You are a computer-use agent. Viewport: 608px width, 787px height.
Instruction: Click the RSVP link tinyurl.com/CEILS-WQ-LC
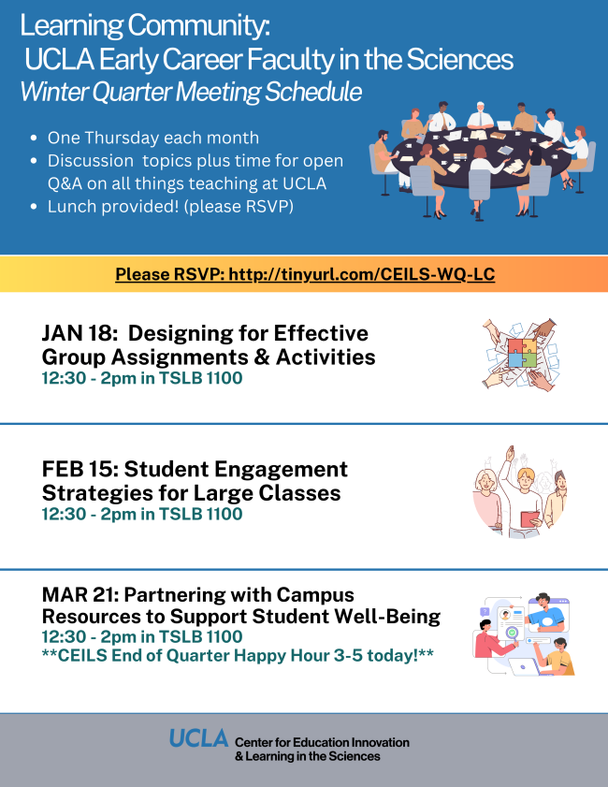click(362, 274)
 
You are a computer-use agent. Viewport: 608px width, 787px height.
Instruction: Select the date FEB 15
click(80, 469)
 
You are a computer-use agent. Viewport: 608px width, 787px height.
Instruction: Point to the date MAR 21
click(80, 595)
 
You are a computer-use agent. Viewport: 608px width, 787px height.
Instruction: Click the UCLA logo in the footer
click(198, 738)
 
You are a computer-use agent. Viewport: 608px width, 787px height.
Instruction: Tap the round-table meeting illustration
click(483, 161)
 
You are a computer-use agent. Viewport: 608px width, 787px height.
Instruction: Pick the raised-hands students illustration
click(520, 492)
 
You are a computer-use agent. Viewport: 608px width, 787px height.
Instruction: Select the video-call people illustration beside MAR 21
click(523, 634)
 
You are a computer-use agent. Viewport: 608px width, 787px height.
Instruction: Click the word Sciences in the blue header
click(459, 59)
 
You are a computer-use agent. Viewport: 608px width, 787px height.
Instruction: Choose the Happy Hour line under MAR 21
click(238, 655)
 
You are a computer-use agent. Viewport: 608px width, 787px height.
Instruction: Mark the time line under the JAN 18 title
click(142, 378)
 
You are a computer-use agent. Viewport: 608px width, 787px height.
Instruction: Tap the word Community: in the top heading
click(198, 25)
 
